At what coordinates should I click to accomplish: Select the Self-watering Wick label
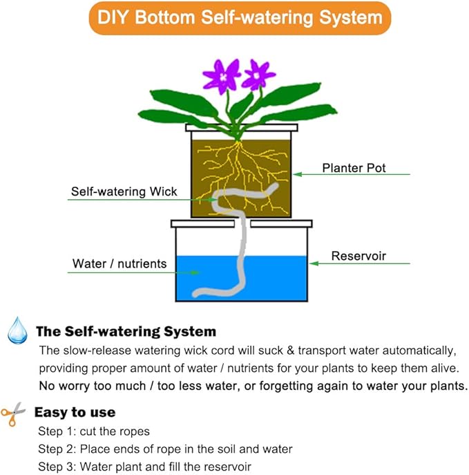124,192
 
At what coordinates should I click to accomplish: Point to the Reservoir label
358,256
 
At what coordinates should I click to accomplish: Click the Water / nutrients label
119,263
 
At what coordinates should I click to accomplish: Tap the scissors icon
13,413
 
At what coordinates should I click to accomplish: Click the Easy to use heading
75,413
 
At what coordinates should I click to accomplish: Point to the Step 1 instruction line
94,431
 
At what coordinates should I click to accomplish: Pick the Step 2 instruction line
165,449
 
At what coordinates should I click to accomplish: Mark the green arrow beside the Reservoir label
359,263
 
